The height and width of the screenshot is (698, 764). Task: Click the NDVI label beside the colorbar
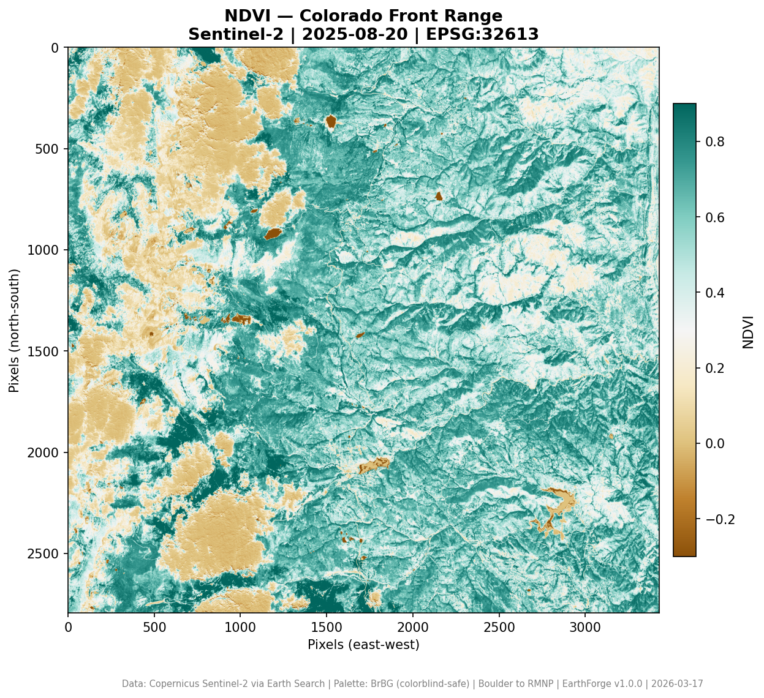pos(748,331)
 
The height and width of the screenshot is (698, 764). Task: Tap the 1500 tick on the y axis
pos(50,351)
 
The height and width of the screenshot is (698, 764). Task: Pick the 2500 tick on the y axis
pos(50,554)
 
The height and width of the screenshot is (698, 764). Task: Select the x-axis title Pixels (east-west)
pos(363,645)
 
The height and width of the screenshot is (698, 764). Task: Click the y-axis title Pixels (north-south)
pos(14,330)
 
